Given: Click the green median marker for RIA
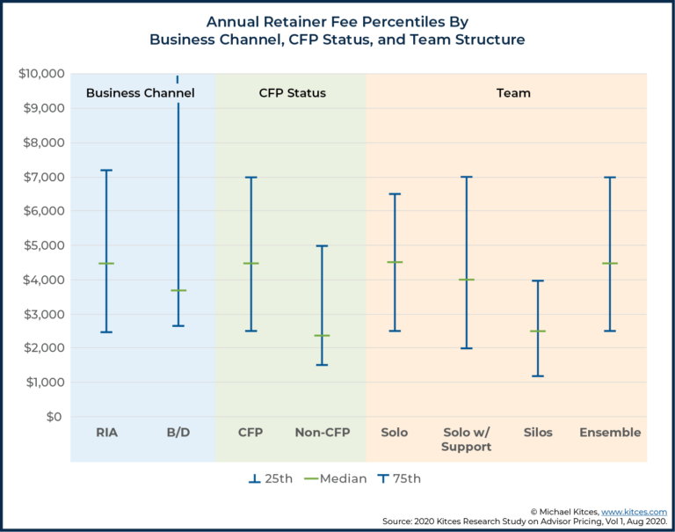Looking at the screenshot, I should coord(105,263).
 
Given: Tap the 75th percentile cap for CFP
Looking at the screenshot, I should coord(250,178).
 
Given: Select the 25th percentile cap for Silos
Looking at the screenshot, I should coord(538,376).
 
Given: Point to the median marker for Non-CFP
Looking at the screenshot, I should coord(322,335).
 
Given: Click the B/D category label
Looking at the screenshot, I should coord(178,433).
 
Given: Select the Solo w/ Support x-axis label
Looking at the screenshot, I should coord(466,440).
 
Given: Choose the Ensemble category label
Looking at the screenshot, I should coord(610,433).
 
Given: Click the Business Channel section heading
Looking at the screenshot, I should coord(140,93).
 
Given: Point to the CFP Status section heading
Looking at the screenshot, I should coord(292,93).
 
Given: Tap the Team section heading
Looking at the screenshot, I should coord(513,93).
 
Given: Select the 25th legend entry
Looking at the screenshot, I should coord(270,479).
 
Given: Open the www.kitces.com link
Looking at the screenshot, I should coord(634,511).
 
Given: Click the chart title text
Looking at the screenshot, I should coord(337,30).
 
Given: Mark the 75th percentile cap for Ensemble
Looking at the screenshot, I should coord(610,178).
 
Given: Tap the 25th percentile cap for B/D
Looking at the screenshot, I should coord(178,325).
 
